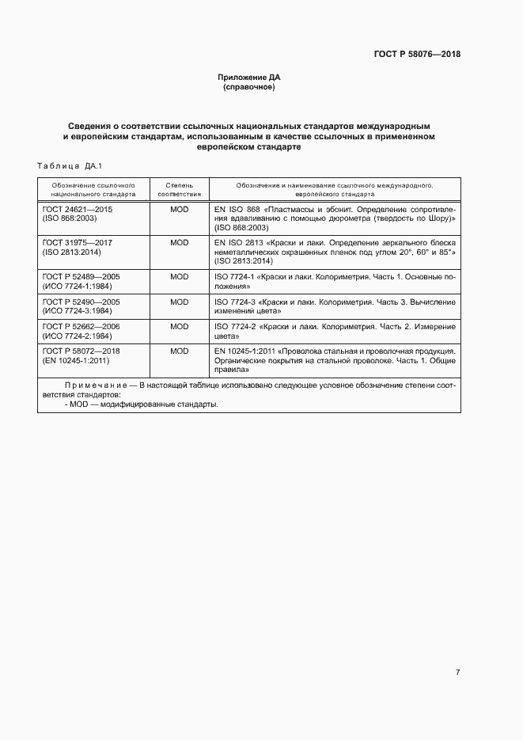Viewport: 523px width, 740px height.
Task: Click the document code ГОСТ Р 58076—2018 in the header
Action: (416, 55)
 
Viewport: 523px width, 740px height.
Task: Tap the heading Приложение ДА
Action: (249, 78)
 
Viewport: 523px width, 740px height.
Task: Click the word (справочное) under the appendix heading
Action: (249, 87)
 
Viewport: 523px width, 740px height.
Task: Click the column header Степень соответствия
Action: (179, 188)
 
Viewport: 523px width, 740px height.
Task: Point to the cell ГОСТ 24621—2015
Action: (77, 208)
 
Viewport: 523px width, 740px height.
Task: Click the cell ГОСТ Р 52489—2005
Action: (80, 277)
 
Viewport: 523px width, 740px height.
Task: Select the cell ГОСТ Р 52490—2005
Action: (80, 302)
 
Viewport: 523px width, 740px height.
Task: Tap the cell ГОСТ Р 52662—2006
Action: (80, 326)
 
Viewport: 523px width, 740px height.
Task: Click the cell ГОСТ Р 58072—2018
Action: (80, 351)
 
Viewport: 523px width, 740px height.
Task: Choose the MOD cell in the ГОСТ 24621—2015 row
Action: (179, 208)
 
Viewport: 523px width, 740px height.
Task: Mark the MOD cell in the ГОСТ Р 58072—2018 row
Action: (179, 351)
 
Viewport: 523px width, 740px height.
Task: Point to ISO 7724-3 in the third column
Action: (234, 302)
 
